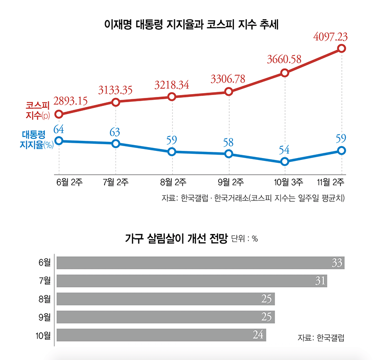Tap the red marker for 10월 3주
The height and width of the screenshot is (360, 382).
tap(285, 73)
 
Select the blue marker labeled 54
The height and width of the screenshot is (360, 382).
tap(285, 162)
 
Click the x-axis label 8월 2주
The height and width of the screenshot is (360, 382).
tap(173, 181)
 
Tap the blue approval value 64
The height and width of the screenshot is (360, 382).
tap(59, 129)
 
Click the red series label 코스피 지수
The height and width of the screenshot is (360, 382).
tap(38, 110)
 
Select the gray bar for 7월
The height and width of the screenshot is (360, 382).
tap(191, 281)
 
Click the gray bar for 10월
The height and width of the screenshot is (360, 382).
tap(161, 335)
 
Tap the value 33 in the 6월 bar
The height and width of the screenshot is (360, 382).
tap(337, 263)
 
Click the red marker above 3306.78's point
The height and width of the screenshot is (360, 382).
tap(229, 91)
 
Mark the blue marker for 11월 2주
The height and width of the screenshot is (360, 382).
tap(341, 150)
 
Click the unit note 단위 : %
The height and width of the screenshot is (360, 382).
tap(244, 239)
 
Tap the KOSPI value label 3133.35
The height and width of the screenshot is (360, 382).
tap(122, 89)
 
